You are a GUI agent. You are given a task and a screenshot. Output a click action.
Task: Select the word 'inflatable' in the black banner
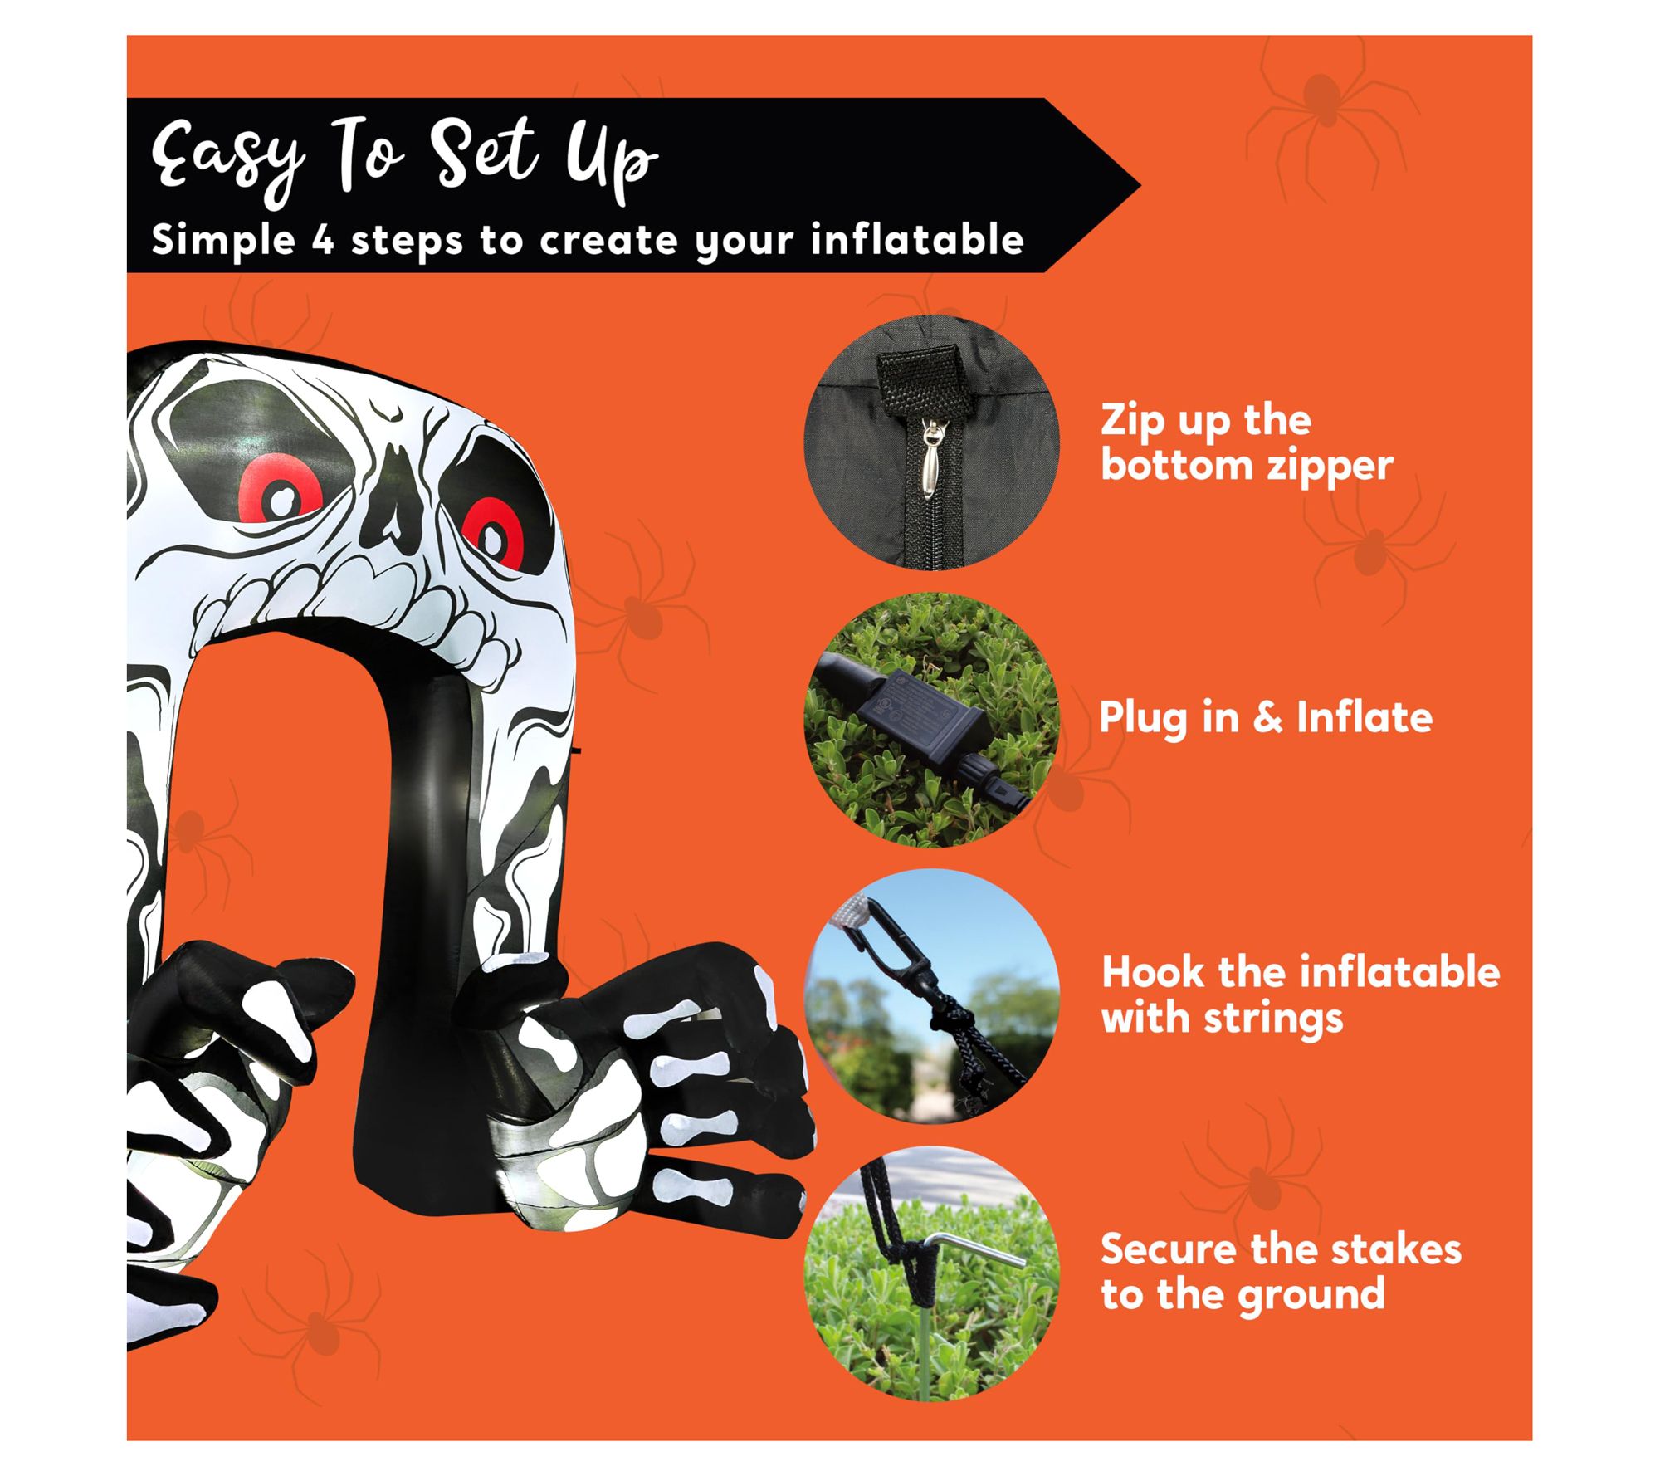coord(917,240)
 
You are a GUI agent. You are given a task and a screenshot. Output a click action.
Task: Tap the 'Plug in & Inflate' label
coord(1265,717)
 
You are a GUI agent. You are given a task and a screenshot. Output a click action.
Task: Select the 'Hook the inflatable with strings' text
coord(1301,994)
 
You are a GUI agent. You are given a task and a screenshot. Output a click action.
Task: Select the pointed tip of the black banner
coord(1140,185)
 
